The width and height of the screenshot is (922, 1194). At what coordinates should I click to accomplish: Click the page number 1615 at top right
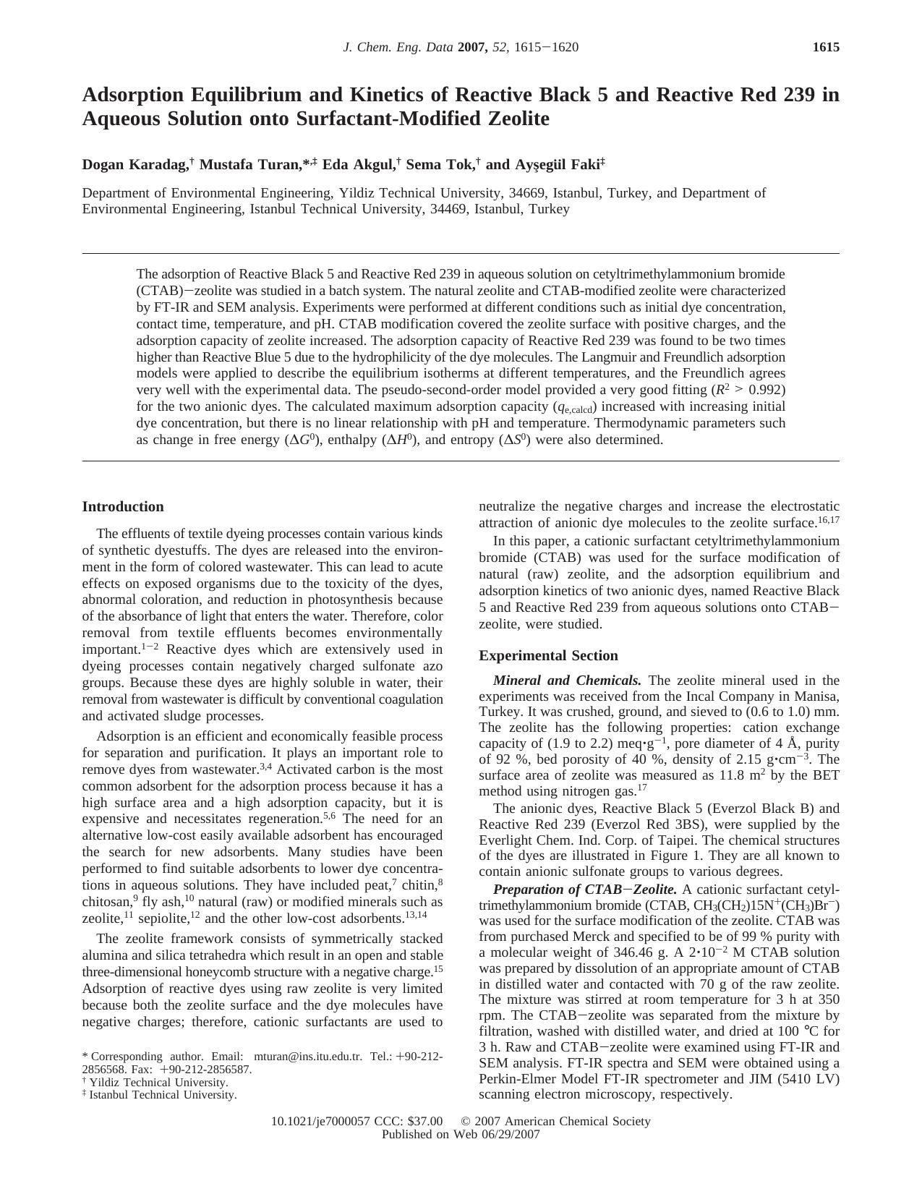826,48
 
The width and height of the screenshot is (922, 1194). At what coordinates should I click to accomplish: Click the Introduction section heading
123,507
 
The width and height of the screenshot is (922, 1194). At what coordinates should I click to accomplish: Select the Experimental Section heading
548,656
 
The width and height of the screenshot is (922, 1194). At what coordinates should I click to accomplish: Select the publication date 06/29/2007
516,1134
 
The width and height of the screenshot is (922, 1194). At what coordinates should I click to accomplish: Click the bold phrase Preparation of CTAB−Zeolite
584,890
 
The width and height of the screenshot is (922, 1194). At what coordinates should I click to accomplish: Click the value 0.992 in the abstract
767,390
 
